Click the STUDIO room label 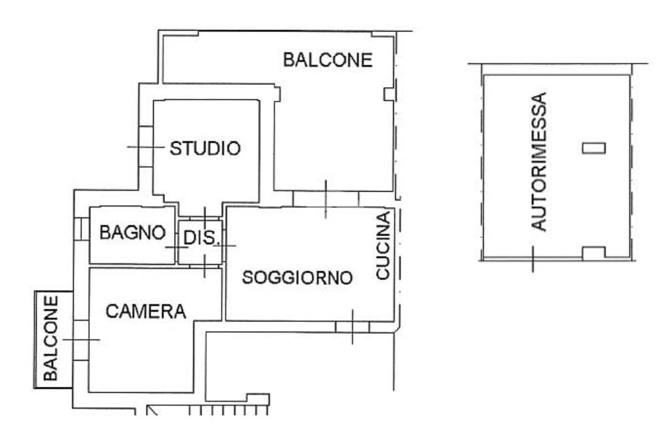point(205,149)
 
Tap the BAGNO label point(132,233)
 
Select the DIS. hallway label point(200,238)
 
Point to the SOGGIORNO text point(298,277)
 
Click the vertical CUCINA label point(383,245)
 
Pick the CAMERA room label point(146,312)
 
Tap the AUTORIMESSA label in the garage point(539,162)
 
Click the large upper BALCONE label point(328,60)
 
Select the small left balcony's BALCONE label point(51,338)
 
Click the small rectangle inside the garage point(594,148)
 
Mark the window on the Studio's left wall point(146,147)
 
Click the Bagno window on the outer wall point(81,228)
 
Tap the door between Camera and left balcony point(80,340)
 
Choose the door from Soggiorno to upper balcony point(326,199)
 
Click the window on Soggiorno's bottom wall point(353,327)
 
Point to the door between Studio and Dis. point(205,217)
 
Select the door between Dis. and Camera point(205,266)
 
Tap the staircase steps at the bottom point(228,410)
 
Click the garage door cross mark point(533,259)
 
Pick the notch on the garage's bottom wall point(594,253)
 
